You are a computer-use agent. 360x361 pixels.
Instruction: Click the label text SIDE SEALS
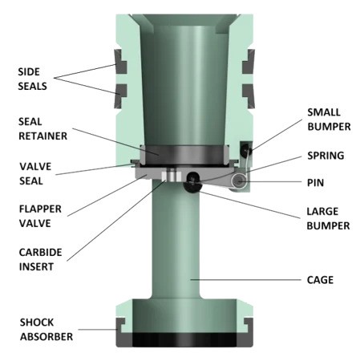point(31,78)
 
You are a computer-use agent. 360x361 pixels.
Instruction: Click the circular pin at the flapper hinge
point(239,184)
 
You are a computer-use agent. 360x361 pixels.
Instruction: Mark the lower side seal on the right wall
point(249,93)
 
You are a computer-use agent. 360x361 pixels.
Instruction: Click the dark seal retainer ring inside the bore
point(180,152)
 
